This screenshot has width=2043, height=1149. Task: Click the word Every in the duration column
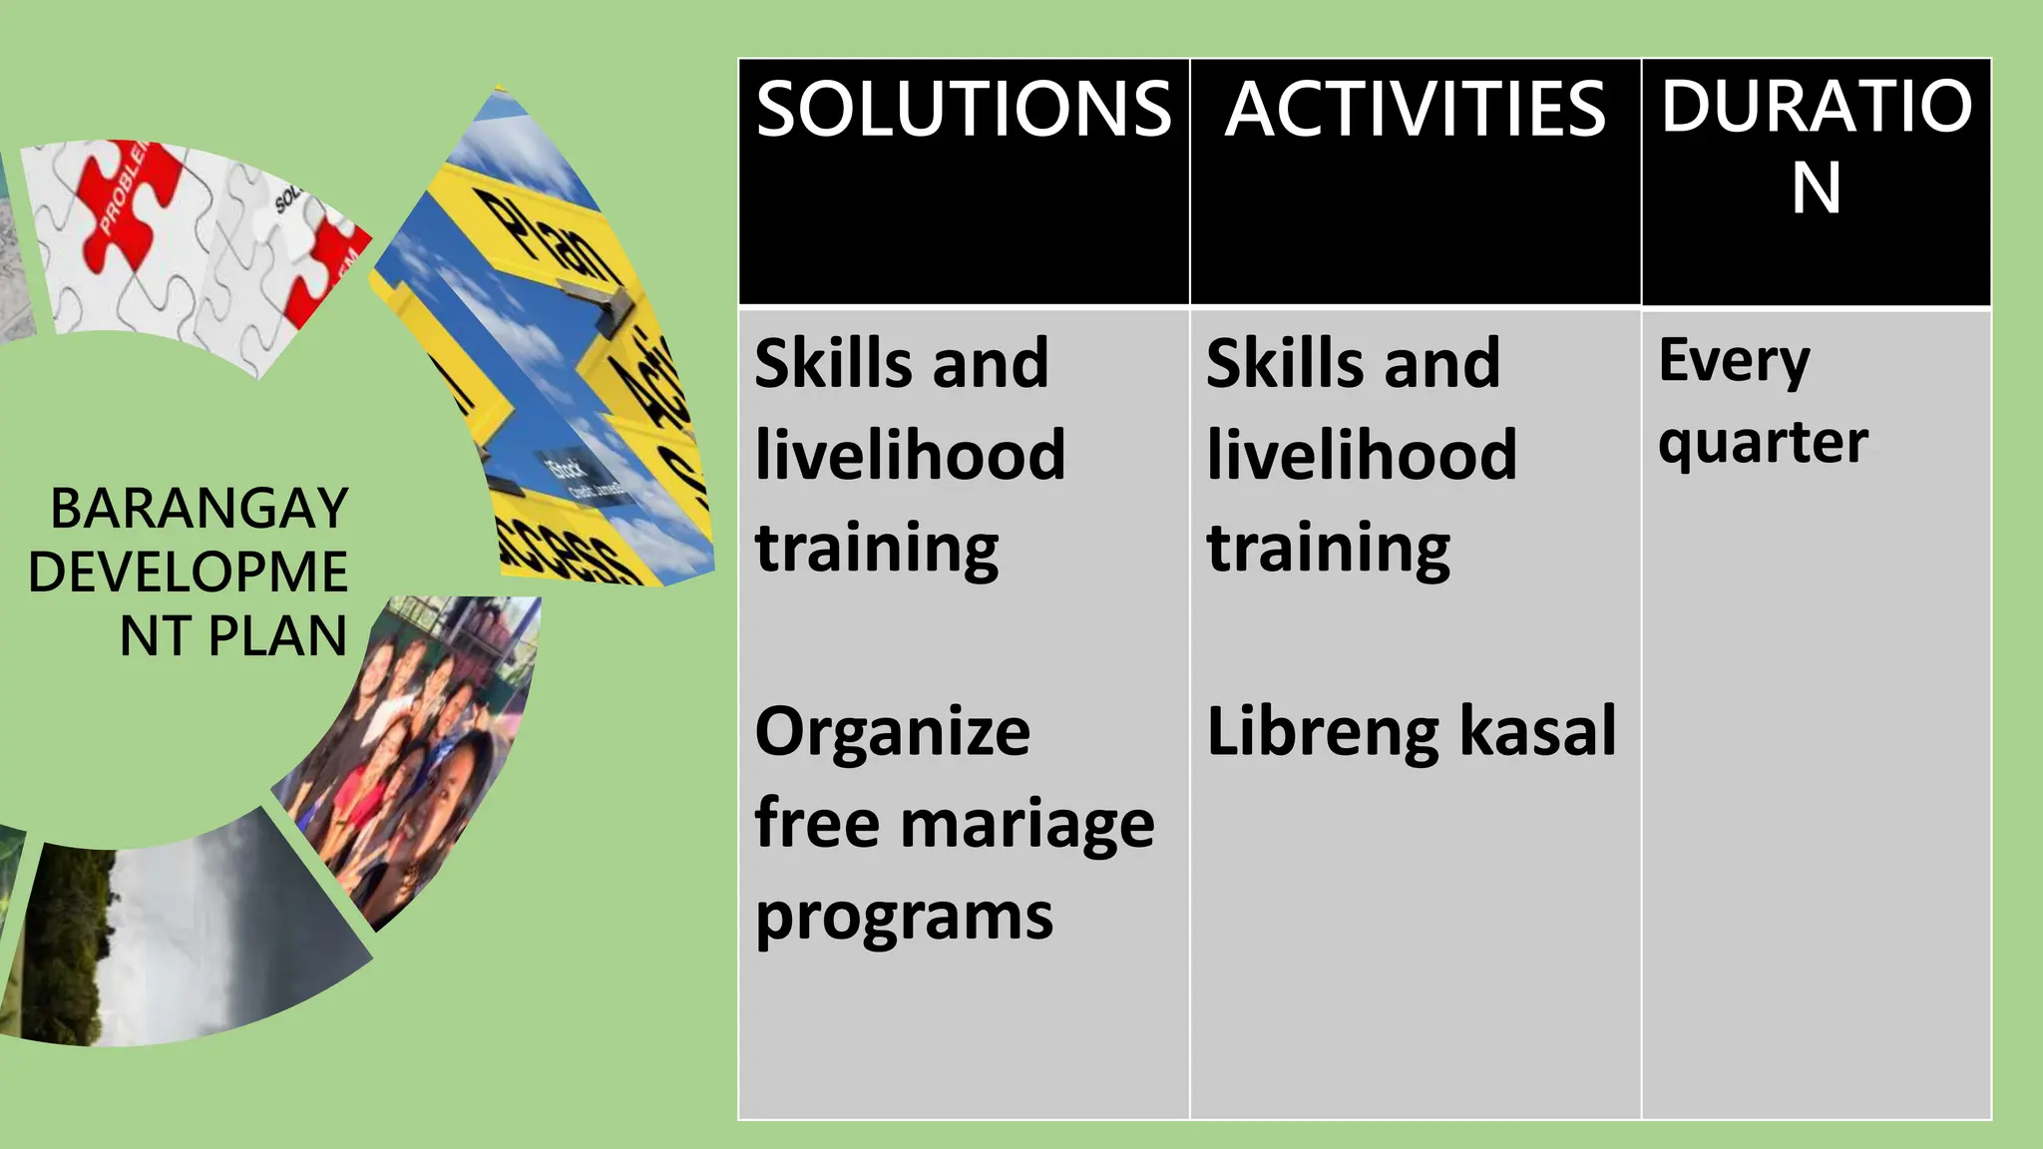tap(1734, 361)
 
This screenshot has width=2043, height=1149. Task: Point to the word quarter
tap(1763, 443)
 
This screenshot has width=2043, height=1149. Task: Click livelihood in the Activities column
tap(1361, 455)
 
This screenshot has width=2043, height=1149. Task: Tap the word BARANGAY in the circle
tap(200, 509)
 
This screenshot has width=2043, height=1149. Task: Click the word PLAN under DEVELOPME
tap(277, 636)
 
